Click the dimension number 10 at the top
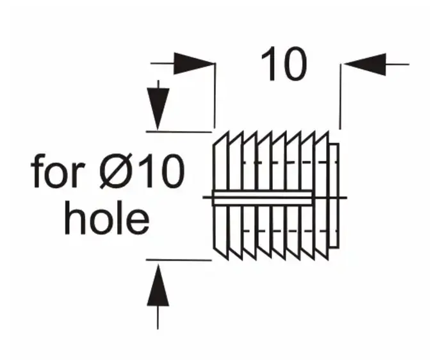(284, 63)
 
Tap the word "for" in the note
(58, 171)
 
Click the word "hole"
(106, 218)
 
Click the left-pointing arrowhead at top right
(364, 64)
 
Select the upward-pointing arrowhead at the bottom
(158, 285)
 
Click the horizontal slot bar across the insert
(263, 198)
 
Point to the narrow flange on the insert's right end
(334, 196)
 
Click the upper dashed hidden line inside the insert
(290, 162)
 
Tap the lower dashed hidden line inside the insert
(290, 231)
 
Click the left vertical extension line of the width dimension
(215, 95)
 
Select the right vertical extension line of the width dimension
(340, 97)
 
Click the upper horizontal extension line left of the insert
(179, 132)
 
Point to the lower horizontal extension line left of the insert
(179, 260)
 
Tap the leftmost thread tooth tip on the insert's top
(228, 132)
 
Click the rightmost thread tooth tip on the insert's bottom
(328, 259)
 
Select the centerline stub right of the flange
(343, 198)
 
